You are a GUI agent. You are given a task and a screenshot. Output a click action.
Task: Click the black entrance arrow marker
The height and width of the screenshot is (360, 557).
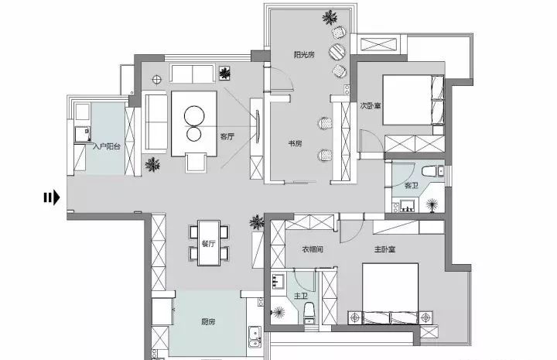[52, 197]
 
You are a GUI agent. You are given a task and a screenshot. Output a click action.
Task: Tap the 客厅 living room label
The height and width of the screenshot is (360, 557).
[227, 136]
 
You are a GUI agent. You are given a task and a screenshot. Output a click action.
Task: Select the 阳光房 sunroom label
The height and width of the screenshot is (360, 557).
[304, 54]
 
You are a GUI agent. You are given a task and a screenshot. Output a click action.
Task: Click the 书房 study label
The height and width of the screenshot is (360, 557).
[295, 143]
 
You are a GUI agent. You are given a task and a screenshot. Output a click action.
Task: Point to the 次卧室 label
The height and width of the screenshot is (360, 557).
[371, 105]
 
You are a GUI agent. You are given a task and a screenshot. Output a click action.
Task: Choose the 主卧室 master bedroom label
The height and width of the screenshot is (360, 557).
[384, 249]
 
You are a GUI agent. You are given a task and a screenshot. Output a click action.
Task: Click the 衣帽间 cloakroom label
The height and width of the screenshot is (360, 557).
[313, 249]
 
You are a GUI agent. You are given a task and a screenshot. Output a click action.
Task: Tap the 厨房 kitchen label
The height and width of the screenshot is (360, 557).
[208, 322]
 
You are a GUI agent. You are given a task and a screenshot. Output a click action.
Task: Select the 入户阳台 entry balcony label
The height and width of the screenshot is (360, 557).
[107, 146]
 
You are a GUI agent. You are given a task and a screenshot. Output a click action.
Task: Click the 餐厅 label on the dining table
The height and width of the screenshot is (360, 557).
[209, 243]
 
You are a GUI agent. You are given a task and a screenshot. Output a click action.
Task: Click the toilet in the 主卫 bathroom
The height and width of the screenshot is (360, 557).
[309, 313]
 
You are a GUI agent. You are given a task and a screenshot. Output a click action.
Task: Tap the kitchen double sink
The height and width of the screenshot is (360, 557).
[255, 336]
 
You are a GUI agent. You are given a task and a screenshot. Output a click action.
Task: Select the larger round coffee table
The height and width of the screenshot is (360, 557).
[194, 116]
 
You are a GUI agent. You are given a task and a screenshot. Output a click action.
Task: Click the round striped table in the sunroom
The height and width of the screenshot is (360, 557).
[337, 52]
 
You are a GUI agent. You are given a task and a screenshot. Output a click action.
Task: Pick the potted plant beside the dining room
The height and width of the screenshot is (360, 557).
[257, 222]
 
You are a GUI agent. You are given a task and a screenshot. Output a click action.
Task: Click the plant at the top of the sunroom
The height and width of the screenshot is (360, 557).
[330, 17]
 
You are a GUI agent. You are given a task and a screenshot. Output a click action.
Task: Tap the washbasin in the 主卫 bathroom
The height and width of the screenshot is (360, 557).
[278, 281]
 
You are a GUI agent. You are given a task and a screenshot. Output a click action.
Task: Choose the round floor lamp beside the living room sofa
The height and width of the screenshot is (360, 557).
[156, 80]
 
